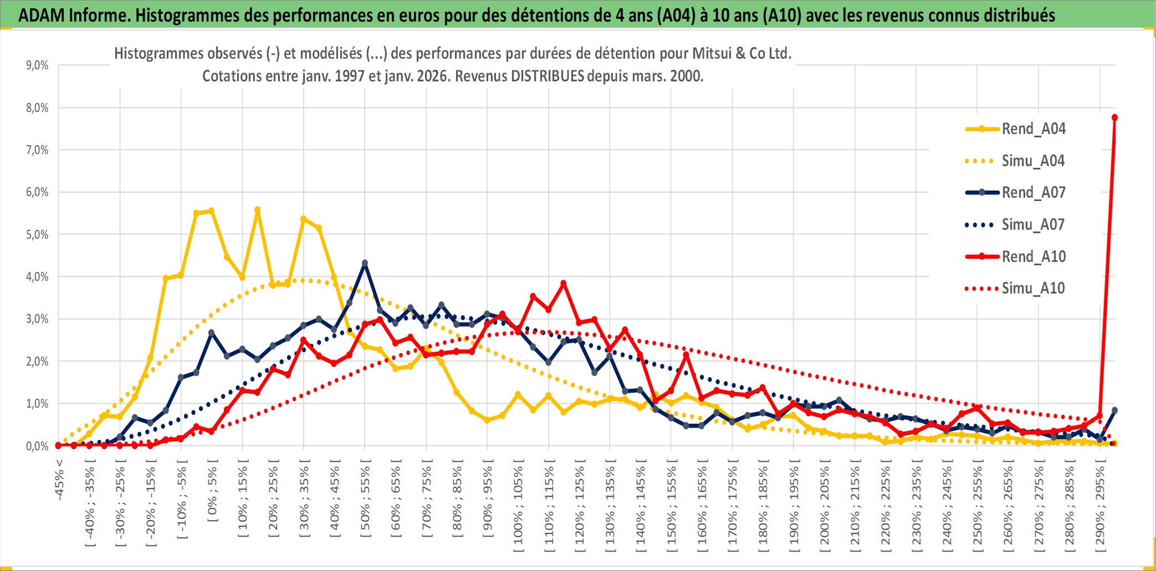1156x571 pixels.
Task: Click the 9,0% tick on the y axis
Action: (37, 65)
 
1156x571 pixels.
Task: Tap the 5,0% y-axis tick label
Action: (37, 235)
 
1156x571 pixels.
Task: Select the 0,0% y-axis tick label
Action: (37, 446)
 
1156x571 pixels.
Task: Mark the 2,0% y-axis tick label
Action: (37, 362)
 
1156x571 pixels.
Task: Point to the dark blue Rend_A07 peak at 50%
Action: (365, 264)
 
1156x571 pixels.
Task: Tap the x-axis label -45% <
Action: (59, 480)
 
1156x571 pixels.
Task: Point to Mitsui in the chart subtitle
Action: (712, 54)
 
